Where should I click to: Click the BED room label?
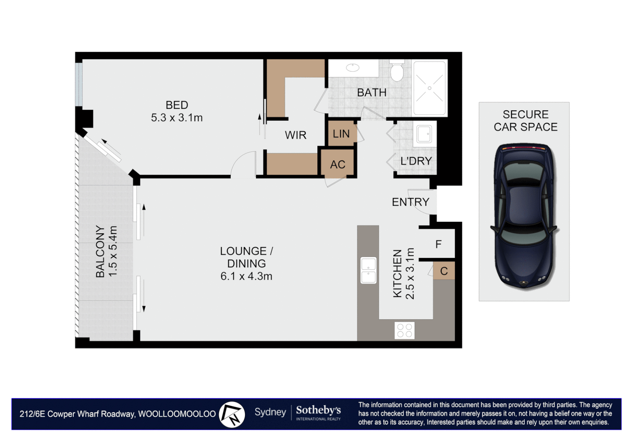point(177,105)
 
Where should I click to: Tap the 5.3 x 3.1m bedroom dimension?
point(177,117)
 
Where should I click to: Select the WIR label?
point(295,135)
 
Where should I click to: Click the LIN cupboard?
point(341,133)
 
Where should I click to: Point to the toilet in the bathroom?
point(397,70)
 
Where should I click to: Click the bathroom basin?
point(353,68)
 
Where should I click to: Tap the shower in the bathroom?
point(429,88)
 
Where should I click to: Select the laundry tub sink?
point(424,134)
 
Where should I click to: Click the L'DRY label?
point(416,161)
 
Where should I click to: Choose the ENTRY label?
point(410,202)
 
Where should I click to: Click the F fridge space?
point(438,244)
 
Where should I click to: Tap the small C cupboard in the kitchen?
point(444,271)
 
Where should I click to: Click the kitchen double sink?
point(368,271)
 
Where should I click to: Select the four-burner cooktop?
point(405,330)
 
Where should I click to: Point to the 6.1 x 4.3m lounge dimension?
point(246,276)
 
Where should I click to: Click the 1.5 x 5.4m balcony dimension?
point(112,251)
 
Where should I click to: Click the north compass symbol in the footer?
point(232,414)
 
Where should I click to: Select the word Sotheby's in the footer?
point(318,410)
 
